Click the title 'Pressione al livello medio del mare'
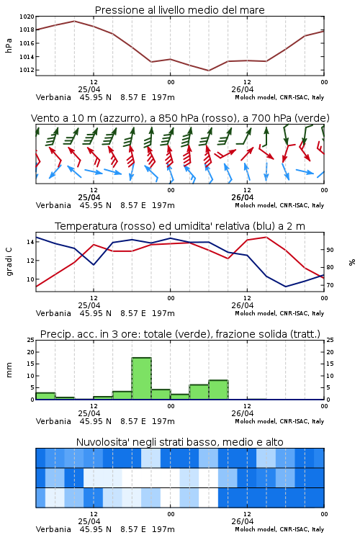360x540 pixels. click(179, 10)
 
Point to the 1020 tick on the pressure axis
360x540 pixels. click(27, 17)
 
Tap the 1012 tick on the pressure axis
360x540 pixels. click(27, 70)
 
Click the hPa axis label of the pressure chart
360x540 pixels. click(9, 45)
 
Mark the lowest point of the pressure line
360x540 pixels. click(208, 71)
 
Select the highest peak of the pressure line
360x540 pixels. click(74, 21)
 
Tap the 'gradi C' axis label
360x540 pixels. click(9, 261)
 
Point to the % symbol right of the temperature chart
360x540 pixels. click(352, 262)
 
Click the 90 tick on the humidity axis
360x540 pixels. click(330, 250)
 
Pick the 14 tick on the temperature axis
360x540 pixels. click(31, 242)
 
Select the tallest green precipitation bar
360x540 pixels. click(142, 379)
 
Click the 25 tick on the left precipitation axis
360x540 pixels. click(31, 340)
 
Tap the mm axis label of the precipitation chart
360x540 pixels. click(9, 370)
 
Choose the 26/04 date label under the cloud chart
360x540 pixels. click(243, 521)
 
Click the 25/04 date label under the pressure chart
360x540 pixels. click(89, 89)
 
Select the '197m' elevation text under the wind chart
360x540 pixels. click(163, 205)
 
